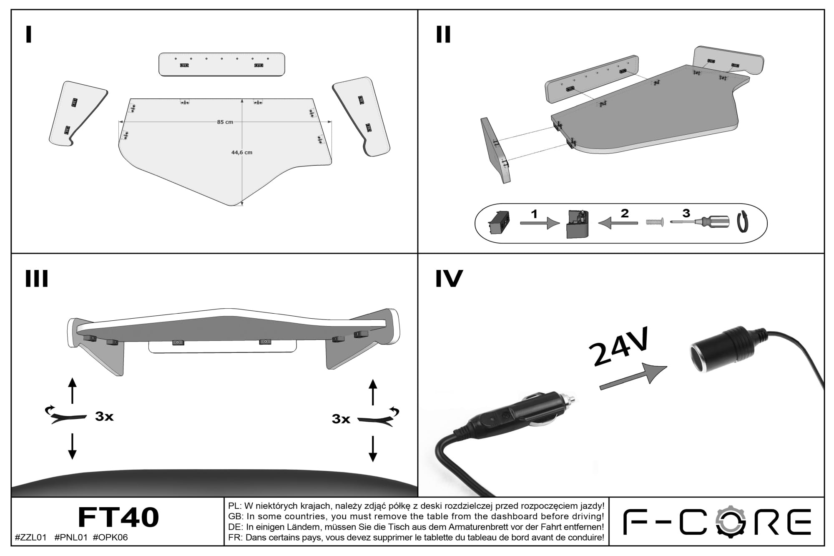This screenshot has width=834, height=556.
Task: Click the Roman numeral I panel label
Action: pyautogui.click(x=28, y=34)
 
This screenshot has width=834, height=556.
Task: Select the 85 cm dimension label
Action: pyautogui.click(x=225, y=122)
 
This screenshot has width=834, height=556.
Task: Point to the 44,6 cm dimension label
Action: pyautogui.click(x=242, y=153)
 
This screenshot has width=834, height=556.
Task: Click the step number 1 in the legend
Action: pyautogui.click(x=534, y=214)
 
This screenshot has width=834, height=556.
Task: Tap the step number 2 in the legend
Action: pyautogui.click(x=624, y=213)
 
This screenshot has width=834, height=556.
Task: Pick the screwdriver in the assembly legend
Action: pyautogui.click(x=700, y=221)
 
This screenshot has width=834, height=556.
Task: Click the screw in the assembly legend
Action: pyautogui.click(x=655, y=222)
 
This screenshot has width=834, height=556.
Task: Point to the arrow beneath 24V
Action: pyautogui.click(x=633, y=376)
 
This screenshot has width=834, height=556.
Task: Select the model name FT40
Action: pyautogui.click(x=118, y=517)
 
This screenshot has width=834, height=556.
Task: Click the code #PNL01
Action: pyautogui.click(x=71, y=538)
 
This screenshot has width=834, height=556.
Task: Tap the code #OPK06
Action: pyautogui.click(x=110, y=538)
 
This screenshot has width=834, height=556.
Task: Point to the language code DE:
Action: pyautogui.click(x=236, y=527)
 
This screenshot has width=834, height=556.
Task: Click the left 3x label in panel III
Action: pyautogui.click(x=104, y=416)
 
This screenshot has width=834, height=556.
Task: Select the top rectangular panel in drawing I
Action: pyautogui.click(x=222, y=64)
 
